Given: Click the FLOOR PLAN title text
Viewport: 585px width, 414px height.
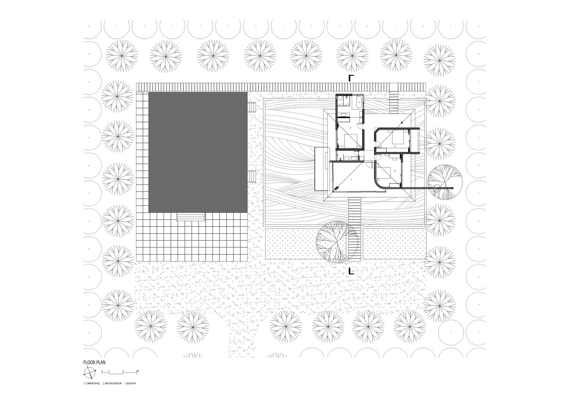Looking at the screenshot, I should pos(94,362).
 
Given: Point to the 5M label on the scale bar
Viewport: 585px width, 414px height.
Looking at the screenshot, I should pos(137,371).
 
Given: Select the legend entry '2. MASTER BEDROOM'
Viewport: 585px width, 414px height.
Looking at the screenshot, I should pos(112,383).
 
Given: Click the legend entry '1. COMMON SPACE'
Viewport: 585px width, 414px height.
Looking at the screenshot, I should pos(92,383).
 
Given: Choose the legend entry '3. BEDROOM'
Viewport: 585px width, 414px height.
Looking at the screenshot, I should pos(130,383).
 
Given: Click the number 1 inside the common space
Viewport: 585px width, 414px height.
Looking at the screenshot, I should pos(352,179).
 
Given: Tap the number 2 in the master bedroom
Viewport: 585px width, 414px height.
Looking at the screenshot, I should pos(350,128).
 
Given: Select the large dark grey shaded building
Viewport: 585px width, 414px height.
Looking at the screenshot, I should pos(198,152).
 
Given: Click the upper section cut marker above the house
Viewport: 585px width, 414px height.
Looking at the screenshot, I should pos(351,78).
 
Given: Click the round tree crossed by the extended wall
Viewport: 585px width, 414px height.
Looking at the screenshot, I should pos(445,182).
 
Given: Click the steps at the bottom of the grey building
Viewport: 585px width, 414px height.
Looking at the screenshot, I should pos(191,217).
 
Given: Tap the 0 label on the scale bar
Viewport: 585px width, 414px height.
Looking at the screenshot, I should pos(102,371).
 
